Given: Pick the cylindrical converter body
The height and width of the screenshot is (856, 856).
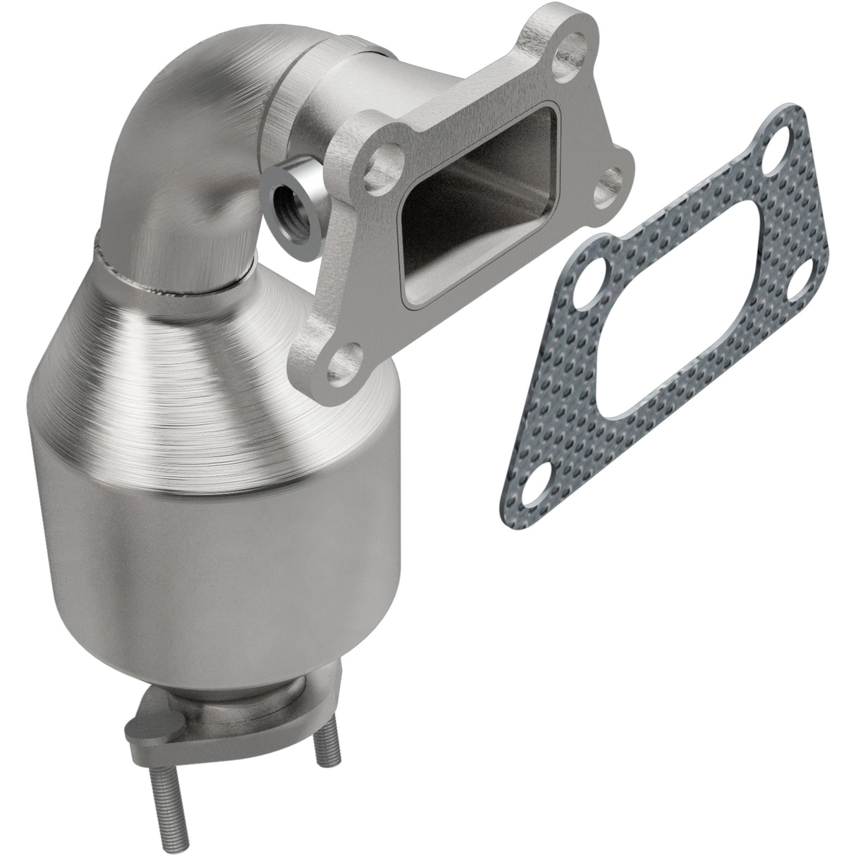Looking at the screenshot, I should coord(212,564).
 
